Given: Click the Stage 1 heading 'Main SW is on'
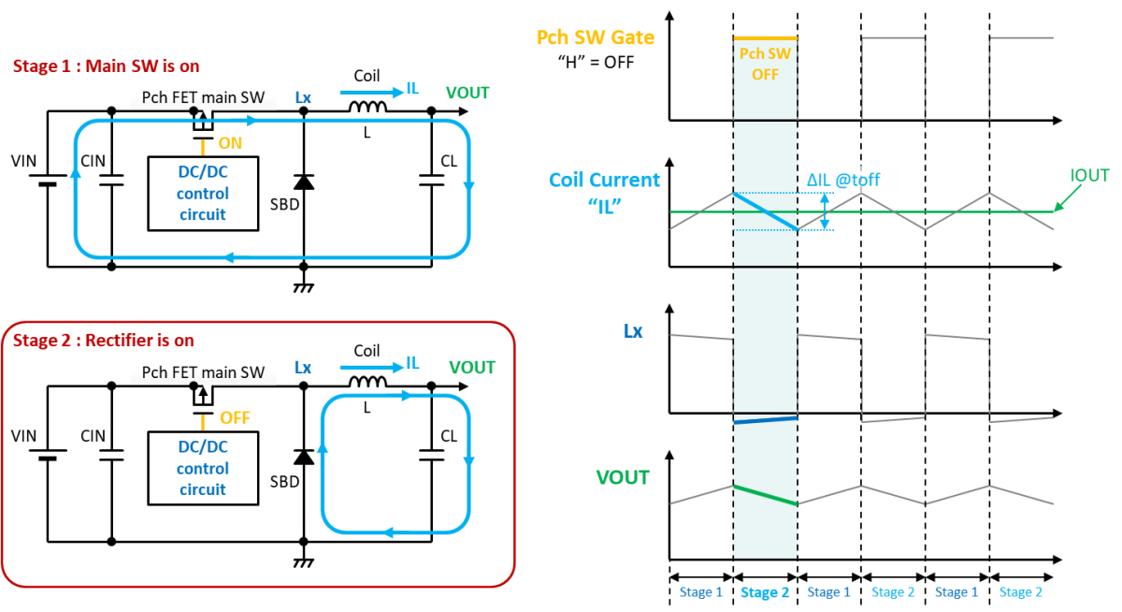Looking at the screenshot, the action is pos(142,66).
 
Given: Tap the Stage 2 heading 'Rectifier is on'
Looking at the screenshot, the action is pos(139,341).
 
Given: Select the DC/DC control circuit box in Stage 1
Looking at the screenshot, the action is pos(203,194).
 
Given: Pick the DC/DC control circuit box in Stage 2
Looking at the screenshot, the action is pos(203,468).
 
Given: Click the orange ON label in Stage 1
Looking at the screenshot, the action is pos(230,143).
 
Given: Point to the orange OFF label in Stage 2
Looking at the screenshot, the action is pos(235,418).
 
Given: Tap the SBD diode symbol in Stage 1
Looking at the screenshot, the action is pos(304,182).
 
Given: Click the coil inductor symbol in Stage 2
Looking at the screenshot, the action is pos(367,383).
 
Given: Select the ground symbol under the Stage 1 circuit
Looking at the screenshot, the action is pos(304,286).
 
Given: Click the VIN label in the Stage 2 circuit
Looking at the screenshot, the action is pos(23,436).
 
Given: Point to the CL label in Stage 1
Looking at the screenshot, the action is pos(449,161).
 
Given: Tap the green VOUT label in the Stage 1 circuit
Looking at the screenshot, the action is pos(467,93).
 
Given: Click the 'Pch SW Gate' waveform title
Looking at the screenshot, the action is pos(596,37).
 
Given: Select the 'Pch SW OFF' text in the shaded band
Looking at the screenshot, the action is pos(765,65).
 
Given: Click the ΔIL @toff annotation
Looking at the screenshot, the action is pos(843,180).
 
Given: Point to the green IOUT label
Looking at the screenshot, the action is pos(1089,175).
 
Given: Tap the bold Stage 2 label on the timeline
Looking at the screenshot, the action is pos(765,592).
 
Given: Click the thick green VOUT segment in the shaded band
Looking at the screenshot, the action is pos(766,495).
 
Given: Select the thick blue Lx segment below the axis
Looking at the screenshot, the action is pos(766,420).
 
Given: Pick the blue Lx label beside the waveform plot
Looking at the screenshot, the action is pos(633,331).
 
